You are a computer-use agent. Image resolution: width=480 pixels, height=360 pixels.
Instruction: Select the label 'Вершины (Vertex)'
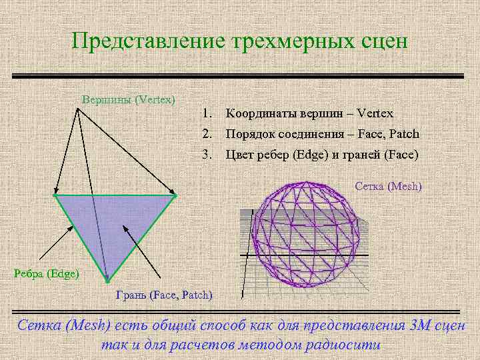(128, 99)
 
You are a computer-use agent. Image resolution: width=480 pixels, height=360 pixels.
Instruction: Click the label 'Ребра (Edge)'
(47, 273)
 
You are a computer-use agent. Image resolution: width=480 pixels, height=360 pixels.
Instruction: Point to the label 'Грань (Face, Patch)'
(164, 294)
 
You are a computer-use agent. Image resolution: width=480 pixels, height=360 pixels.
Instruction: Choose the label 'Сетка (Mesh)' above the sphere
(389, 186)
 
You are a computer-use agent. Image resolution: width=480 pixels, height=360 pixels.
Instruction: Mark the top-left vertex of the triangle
(55, 196)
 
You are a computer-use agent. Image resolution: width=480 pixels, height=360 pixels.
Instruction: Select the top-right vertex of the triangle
(175, 196)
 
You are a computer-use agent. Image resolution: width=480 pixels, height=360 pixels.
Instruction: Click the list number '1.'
(208, 113)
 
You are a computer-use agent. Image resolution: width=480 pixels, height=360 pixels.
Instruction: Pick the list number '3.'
(208, 155)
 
